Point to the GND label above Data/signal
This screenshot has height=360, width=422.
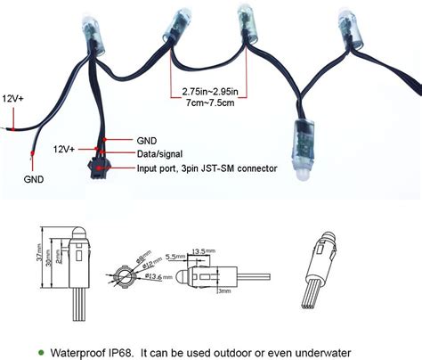[148, 141]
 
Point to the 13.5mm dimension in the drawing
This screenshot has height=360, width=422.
[200, 250]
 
